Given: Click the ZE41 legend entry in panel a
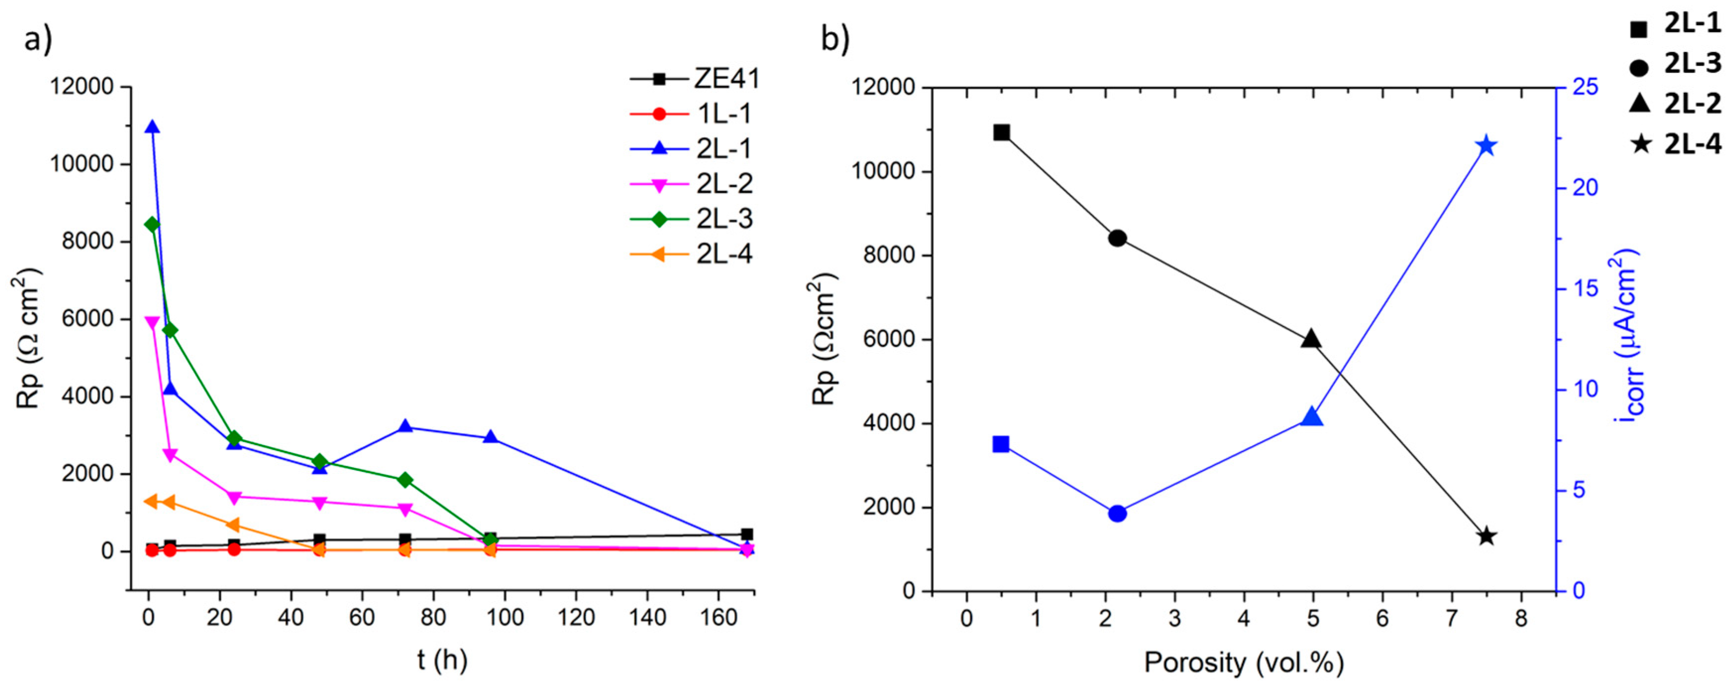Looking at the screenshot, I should point(695,79).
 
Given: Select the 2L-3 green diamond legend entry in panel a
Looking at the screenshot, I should point(695,219).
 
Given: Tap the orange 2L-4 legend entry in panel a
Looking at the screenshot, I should point(695,254).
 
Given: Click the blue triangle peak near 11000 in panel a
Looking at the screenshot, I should point(152,127).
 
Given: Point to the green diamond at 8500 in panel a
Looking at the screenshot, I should point(152,224).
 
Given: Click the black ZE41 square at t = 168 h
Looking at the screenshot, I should point(746,534).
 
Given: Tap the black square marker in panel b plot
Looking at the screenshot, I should point(1002,132).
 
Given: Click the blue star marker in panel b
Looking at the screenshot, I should point(1487,146).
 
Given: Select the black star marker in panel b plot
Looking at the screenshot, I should point(1487,536).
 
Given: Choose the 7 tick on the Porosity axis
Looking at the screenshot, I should point(1452,618).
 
